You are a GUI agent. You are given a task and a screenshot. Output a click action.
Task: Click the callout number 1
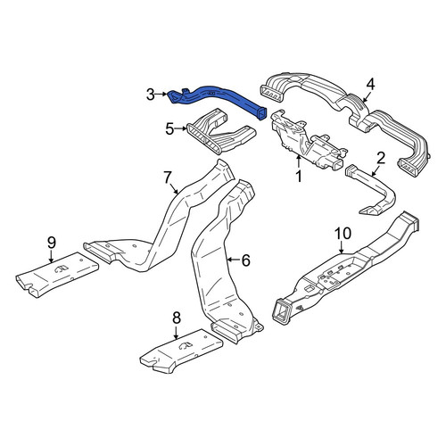(x=299, y=177)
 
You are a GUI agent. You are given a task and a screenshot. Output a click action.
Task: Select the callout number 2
(x=381, y=158)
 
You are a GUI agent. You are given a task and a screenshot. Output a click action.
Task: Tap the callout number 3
(x=151, y=95)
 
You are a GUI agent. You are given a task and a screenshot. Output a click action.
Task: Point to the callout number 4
(x=370, y=85)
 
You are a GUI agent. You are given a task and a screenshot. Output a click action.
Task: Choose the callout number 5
(x=169, y=128)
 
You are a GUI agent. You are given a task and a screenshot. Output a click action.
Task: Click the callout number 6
(x=245, y=260)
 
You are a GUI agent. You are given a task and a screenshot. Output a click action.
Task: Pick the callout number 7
(x=168, y=178)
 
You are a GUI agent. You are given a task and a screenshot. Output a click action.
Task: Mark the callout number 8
(x=177, y=318)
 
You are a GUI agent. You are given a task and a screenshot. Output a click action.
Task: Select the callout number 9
(x=52, y=244)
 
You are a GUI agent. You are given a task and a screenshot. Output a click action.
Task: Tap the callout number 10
(x=343, y=234)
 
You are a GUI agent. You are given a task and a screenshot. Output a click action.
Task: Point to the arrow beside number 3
(x=162, y=95)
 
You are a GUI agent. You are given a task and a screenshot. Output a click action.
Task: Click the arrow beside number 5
(x=181, y=128)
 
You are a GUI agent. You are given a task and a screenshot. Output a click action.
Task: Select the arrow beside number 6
(x=233, y=260)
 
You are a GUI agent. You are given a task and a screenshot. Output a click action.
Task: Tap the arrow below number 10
(x=342, y=247)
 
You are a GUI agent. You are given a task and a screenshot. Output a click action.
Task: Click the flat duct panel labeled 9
(x=56, y=274)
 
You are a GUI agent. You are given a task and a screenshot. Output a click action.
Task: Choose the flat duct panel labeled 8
(x=181, y=351)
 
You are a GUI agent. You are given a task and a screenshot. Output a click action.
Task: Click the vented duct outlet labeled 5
(x=220, y=131)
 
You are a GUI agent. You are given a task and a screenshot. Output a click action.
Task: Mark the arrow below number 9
(x=51, y=257)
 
